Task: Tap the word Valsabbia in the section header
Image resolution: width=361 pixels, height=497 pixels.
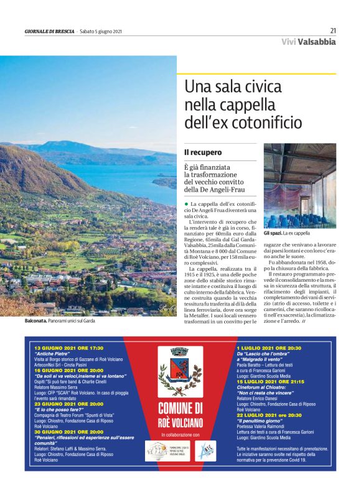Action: coord(316,42)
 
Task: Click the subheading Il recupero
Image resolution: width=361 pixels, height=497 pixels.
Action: coord(199,152)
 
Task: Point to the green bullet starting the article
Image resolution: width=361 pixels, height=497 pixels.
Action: coord(185,204)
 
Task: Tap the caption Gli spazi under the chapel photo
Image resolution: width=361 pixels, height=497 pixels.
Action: coord(273,233)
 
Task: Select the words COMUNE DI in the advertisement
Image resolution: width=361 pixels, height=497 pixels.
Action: coord(180,408)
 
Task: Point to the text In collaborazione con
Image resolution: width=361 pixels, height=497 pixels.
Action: coord(180,435)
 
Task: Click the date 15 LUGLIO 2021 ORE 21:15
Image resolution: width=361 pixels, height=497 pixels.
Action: coord(270,381)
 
